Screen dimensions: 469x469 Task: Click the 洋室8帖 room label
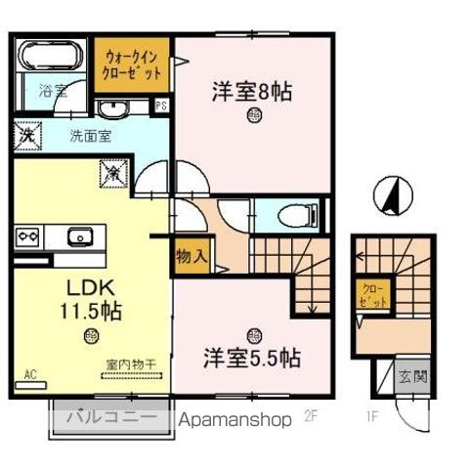point(253,92)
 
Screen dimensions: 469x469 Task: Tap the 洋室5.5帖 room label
point(251,356)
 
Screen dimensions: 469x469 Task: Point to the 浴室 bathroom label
point(52,91)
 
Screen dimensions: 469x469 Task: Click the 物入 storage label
point(191,258)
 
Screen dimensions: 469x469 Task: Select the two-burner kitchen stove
point(26,236)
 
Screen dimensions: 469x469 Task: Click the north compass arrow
point(393,195)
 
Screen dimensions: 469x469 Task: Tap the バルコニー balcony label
point(110,418)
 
